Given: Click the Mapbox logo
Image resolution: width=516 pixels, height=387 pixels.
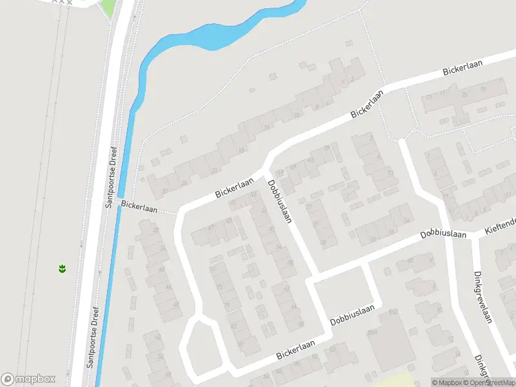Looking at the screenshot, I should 28,379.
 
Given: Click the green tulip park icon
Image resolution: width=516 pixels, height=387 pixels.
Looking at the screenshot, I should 62,268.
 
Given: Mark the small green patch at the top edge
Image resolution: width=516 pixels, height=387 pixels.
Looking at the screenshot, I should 108,8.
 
